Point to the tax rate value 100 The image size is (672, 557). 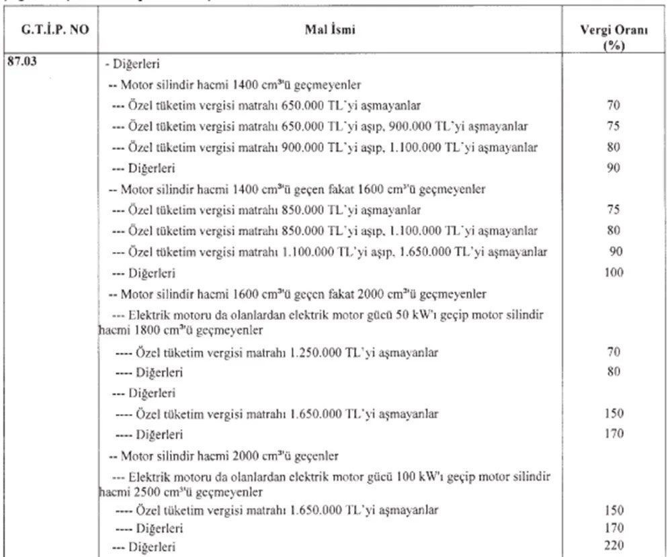coord(613,273)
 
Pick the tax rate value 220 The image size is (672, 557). coord(614,545)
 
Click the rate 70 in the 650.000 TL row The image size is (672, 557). coord(612,106)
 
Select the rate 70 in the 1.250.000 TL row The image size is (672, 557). coord(612,351)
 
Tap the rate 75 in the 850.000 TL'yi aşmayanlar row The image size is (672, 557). coord(612,210)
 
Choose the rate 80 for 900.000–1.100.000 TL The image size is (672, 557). coord(612,147)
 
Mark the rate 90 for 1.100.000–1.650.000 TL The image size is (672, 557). coord(612,252)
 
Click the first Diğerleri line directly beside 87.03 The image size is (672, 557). coord(132,65)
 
